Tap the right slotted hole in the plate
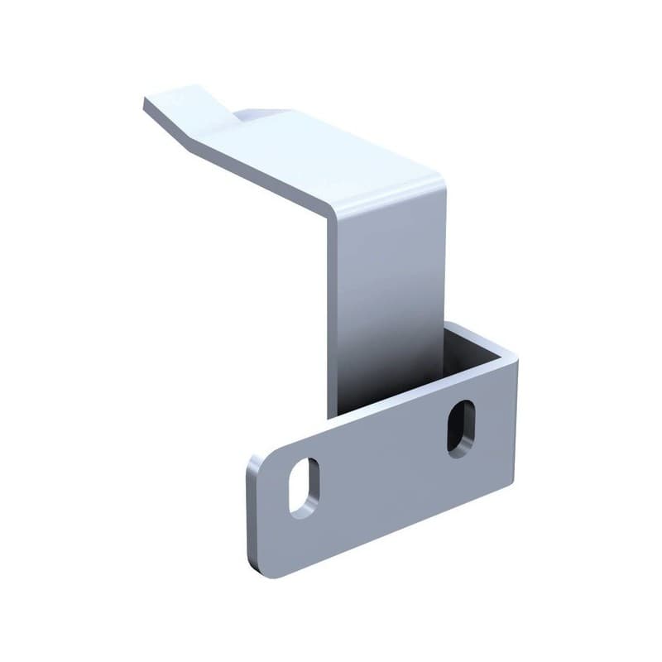pos(461,428)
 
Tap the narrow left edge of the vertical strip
pos(333,314)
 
